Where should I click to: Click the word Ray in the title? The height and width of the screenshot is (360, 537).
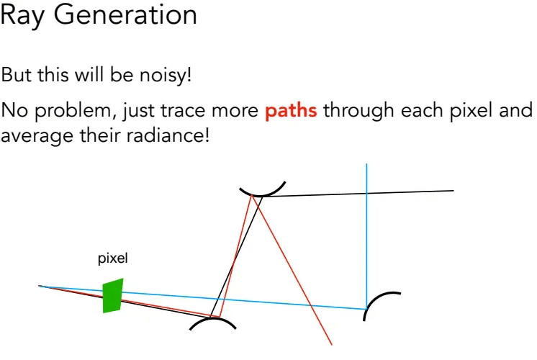(22, 16)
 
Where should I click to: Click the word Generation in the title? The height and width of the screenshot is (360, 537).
(125, 14)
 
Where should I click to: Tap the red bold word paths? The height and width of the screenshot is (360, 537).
(291, 112)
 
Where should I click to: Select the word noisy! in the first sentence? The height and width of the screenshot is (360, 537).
(166, 75)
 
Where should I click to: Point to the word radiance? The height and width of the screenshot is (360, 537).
(168, 135)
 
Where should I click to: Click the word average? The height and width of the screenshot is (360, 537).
(37, 137)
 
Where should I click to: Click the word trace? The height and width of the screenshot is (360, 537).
(183, 111)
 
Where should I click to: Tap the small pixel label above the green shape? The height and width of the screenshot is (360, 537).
(113, 258)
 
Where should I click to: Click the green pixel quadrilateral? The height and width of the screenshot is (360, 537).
(113, 296)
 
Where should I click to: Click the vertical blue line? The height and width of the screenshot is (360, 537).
(366, 236)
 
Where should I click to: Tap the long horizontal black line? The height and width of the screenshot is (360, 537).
(357, 194)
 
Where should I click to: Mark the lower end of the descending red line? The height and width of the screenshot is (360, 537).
(332, 345)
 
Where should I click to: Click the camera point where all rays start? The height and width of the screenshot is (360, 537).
(40, 286)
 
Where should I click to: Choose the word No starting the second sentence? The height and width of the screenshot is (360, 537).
(14, 111)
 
